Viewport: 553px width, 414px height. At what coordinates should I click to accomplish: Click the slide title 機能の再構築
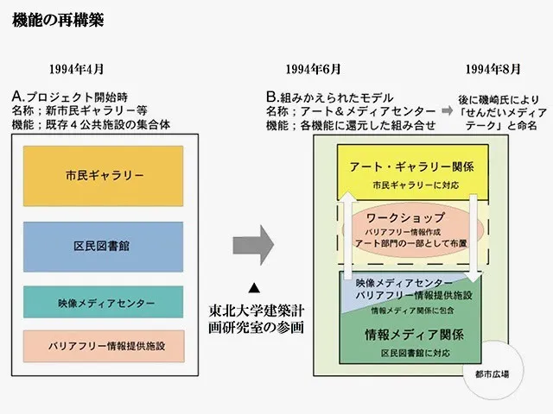58,20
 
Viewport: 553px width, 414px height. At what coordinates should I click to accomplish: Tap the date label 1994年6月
314,69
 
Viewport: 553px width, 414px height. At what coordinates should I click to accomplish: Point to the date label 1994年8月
493,69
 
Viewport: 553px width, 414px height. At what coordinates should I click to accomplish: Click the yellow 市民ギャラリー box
103,176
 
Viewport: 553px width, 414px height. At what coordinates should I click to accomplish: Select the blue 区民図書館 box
103,247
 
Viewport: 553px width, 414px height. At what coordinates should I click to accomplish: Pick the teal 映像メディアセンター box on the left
103,304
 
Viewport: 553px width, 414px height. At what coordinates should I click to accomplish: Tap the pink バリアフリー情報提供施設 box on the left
103,345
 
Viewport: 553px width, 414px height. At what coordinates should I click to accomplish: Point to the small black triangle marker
254,286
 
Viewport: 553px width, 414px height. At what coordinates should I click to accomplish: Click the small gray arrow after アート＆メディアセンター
446,111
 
